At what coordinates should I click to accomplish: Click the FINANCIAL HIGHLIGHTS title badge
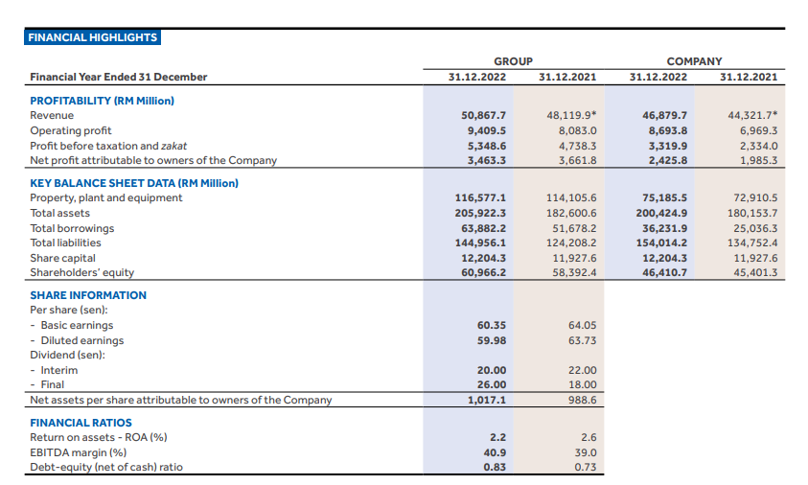coord(93,37)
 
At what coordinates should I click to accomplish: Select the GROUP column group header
coord(513,60)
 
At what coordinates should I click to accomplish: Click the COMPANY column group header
coord(694,60)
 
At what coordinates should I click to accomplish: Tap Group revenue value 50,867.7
coord(485,115)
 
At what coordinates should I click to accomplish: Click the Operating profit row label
coord(70,130)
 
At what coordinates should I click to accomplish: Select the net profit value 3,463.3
coord(487,160)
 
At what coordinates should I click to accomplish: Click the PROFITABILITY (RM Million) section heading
coord(102,100)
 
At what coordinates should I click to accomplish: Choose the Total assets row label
coord(60,213)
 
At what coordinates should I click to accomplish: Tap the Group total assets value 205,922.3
coord(482,213)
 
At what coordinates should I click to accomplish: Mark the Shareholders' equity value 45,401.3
coord(755,272)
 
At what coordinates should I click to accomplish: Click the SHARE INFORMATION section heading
coord(88,295)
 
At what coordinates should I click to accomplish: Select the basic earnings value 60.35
coord(492,325)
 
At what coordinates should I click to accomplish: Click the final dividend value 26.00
coord(492,385)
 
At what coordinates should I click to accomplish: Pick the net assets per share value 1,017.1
coord(488,400)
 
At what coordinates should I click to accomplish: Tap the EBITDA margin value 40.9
coord(496,452)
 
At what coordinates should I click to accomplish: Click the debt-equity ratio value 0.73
coord(585,467)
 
